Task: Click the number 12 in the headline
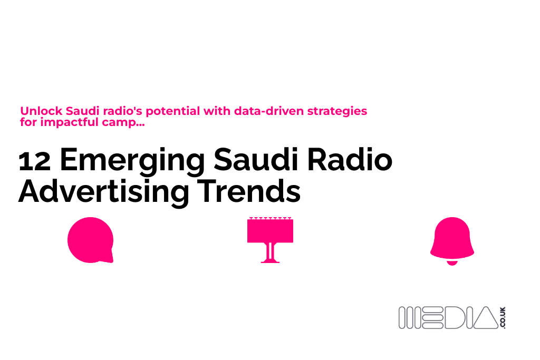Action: point(34,161)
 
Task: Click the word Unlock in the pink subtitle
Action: point(42,112)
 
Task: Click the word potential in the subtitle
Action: point(170,112)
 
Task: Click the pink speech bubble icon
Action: point(90,240)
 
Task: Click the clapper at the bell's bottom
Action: point(452,262)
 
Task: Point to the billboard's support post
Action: point(270,252)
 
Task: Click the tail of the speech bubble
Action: point(109,258)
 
